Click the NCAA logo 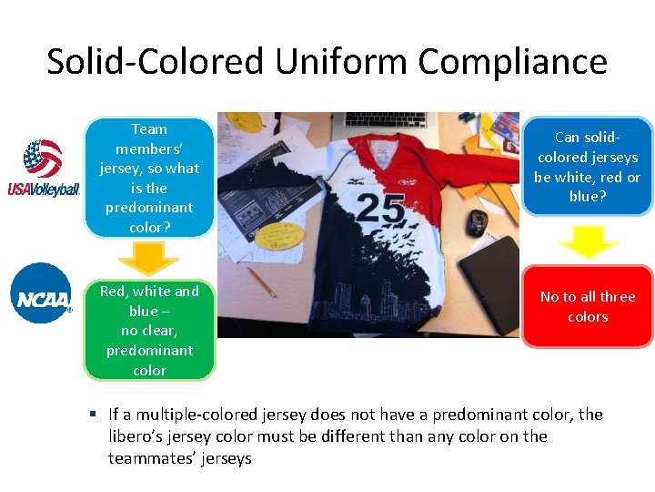click(x=42, y=293)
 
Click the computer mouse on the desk click(x=477, y=221)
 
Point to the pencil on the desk click(x=260, y=282)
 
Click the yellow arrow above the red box click(x=587, y=241)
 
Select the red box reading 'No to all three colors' click(x=587, y=307)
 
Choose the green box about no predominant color click(x=149, y=331)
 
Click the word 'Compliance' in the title click(x=513, y=62)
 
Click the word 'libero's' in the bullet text click(x=140, y=436)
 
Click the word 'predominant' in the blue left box click(x=149, y=208)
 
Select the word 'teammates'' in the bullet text click(x=151, y=457)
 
